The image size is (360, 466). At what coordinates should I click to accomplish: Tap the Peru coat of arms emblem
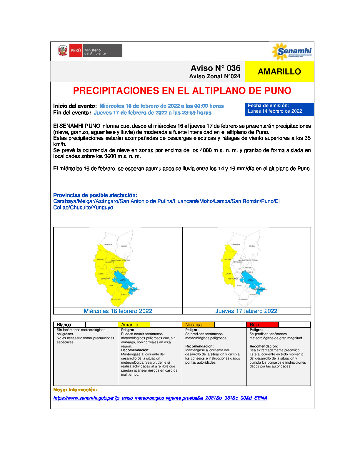click(x=62, y=51)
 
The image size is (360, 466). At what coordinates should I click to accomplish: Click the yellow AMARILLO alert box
click(x=279, y=71)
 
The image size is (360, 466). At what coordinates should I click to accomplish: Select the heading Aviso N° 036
click(x=215, y=68)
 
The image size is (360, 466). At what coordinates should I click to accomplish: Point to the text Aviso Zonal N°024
click(x=214, y=76)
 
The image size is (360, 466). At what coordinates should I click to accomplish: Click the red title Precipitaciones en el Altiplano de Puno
click(x=182, y=91)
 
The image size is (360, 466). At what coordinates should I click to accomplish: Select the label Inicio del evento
click(x=75, y=106)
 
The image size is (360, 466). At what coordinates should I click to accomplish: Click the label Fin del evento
click(x=72, y=113)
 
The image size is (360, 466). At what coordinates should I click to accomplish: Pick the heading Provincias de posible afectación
click(x=95, y=195)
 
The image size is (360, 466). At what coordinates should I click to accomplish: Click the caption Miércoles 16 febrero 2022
click(x=118, y=311)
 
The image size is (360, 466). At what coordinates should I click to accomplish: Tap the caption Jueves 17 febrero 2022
click(x=246, y=311)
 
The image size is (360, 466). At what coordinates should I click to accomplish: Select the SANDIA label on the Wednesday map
click(x=124, y=246)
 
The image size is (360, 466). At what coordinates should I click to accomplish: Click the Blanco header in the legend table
click(x=64, y=325)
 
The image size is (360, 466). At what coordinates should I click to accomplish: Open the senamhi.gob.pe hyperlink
click(x=160, y=398)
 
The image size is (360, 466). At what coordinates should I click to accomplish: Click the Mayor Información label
click(x=75, y=390)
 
